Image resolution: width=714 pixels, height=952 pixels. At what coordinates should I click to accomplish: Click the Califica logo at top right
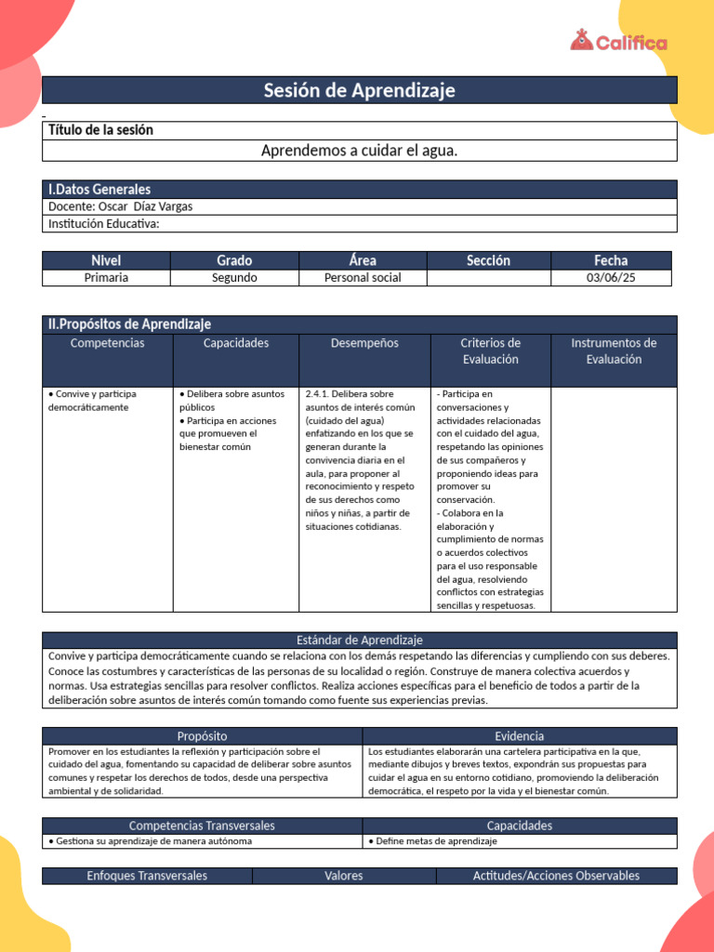[x=618, y=42]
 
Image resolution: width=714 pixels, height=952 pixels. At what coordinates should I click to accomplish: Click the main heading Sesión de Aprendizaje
[x=359, y=90]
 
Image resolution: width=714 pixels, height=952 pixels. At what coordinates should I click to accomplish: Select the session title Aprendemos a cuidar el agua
[x=359, y=150]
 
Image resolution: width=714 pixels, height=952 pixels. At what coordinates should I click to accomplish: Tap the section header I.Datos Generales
[x=99, y=189]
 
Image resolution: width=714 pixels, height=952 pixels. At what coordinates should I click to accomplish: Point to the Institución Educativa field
[x=103, y=223]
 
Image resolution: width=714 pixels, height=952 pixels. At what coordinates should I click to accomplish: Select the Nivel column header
[x=106, y=260]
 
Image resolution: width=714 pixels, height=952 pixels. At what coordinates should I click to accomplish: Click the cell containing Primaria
[x=106, y=277]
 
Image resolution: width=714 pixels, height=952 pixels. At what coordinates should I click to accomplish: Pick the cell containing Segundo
[x=234, y=277]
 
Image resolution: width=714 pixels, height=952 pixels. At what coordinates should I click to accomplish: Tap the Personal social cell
[x=363, y=277]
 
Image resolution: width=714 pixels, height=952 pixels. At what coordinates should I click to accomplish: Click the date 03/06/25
[x=611, y=277]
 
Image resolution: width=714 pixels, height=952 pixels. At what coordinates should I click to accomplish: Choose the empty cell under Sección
[x=488, y=277]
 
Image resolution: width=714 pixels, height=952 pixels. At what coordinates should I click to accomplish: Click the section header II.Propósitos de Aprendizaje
[x=129, y=324]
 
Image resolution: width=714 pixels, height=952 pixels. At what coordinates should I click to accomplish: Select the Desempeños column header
[x=364, y=343]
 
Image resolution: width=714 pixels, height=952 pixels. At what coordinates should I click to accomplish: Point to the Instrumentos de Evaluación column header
[x=614, y=350]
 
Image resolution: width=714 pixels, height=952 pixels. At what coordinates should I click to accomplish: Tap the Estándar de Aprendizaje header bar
[x=359, y=640]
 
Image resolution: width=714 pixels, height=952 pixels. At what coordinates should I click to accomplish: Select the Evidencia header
[x=520, y=735]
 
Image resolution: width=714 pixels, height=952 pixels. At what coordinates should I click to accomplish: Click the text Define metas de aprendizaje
[x=432, y=840]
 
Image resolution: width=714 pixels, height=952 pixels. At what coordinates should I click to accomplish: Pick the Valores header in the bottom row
[x=344, y=876]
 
